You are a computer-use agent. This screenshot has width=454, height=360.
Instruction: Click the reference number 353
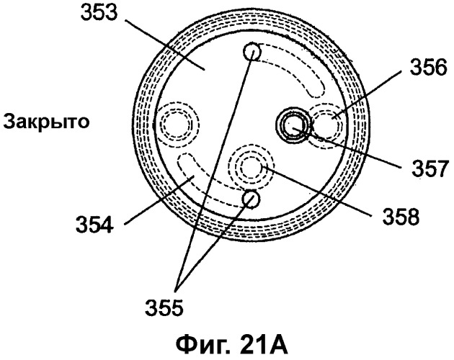pyautogui.click(x=99, y=12)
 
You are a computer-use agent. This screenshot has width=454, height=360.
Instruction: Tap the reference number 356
pyautogui.click(x=428, y=67)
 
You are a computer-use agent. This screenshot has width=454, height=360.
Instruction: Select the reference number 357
pyautogui.click(x=430, y=168)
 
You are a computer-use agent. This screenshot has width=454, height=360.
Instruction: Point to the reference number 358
pyautogui.click(x=401, y=217)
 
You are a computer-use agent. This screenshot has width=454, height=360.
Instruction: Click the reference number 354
pyautogui.click(x=94, y=225)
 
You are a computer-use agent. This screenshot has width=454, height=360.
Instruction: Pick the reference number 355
pyautogui.click(x=164, y=307)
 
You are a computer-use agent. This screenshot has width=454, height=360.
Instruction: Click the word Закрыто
pyautogui.click(x=46, y=122)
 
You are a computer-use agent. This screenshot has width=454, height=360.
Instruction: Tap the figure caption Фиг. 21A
pyautogui.click(x=231, y=345)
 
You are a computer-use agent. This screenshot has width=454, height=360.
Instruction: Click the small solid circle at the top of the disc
pyautogui.click(x=252, y=53)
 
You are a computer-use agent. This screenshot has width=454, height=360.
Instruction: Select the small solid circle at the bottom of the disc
pyautogui.click(x=251, y=199)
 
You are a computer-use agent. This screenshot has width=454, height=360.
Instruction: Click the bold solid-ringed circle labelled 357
pyautogui.click(x=293, y=125)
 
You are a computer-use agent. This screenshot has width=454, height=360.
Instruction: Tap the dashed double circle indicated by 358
pyautogui.click(x=251, y=167)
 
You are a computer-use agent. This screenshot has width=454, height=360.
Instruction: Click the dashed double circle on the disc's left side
pyautogui.click(x=177, y=124)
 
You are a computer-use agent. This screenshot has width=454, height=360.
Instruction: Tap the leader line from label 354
pyautogui.click(x=159, y=200)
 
